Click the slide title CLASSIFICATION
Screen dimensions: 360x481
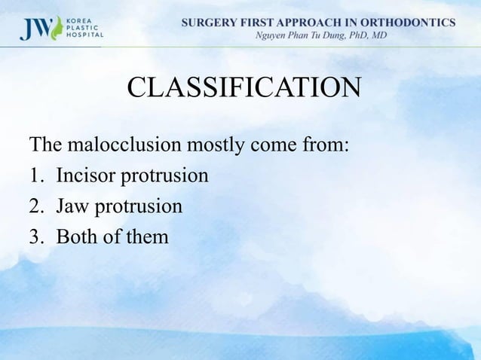tap(244, 88)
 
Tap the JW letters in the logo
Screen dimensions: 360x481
tap(35, 27)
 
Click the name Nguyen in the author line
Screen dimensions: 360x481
tap(276, 36)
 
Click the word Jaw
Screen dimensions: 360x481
tap(74, 206)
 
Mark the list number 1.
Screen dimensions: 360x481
tap(34, 175)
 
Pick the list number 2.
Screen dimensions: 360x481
tap(34, 206)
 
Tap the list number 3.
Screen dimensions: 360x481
tap(34, 236)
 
